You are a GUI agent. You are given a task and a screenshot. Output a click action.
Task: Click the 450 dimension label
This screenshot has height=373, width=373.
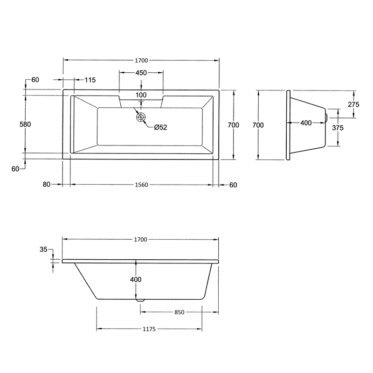click(141, 73)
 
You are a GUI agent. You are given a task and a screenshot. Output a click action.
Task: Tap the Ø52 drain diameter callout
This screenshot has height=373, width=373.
click(160, 127)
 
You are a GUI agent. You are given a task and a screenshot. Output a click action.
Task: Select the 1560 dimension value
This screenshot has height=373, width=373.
click(142, 185)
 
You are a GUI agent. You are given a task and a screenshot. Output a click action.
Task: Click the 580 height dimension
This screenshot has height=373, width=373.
click(25, 124)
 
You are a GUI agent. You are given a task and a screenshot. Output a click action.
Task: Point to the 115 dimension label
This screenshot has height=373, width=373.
click(90, 80)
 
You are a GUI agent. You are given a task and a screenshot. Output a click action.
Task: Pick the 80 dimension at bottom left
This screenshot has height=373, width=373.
click(47, 184)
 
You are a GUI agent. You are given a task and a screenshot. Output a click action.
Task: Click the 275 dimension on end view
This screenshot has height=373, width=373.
click(353, 104)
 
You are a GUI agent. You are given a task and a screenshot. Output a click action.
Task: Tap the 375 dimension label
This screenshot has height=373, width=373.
click(338, 128)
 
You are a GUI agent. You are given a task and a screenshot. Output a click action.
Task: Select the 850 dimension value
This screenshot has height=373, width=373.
click(180, 312)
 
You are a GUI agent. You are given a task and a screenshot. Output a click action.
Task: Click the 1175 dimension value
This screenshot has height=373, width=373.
click(149, 329)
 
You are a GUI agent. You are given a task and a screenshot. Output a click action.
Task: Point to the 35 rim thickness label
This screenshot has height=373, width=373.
click(43, 249)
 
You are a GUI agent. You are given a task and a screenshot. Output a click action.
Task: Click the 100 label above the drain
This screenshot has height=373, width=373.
click(141, 95)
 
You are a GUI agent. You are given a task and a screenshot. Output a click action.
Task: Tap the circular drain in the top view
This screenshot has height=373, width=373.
click(141, 117)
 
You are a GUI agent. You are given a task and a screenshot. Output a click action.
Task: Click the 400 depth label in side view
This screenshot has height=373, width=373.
click(136, 279)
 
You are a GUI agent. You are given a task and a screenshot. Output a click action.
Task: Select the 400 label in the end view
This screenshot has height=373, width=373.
click(306, 123)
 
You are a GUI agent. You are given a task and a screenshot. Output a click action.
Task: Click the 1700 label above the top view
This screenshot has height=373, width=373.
click(141, 61)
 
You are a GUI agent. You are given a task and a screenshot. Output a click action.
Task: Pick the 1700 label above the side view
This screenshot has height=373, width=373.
click(141, 240)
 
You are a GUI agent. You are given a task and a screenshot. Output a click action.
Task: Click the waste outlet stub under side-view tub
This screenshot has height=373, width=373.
click(140, 300)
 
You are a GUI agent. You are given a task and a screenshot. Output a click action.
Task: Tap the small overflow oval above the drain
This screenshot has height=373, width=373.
click(141, 101)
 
